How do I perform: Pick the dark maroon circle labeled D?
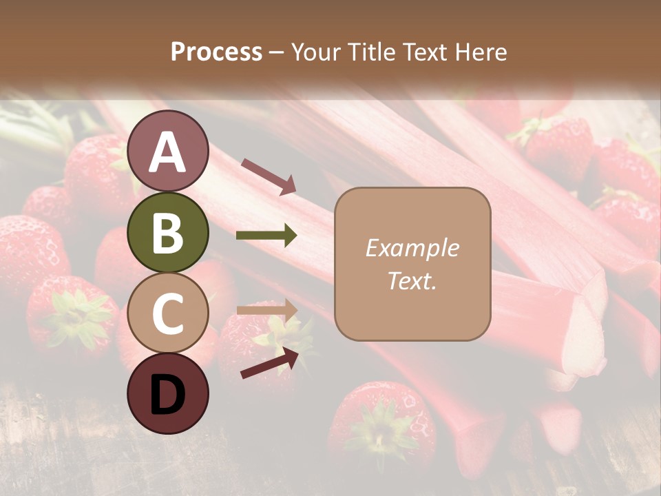(x=167, y=393)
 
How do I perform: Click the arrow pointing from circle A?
(x=269, y=175)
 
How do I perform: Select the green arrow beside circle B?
(x=266, y=236)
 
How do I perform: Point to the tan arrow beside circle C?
(x=266, y=310)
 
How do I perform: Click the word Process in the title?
(x=216, y=52)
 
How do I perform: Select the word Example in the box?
(x=412, y=248)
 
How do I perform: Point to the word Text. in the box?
(x=412, y=280)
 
